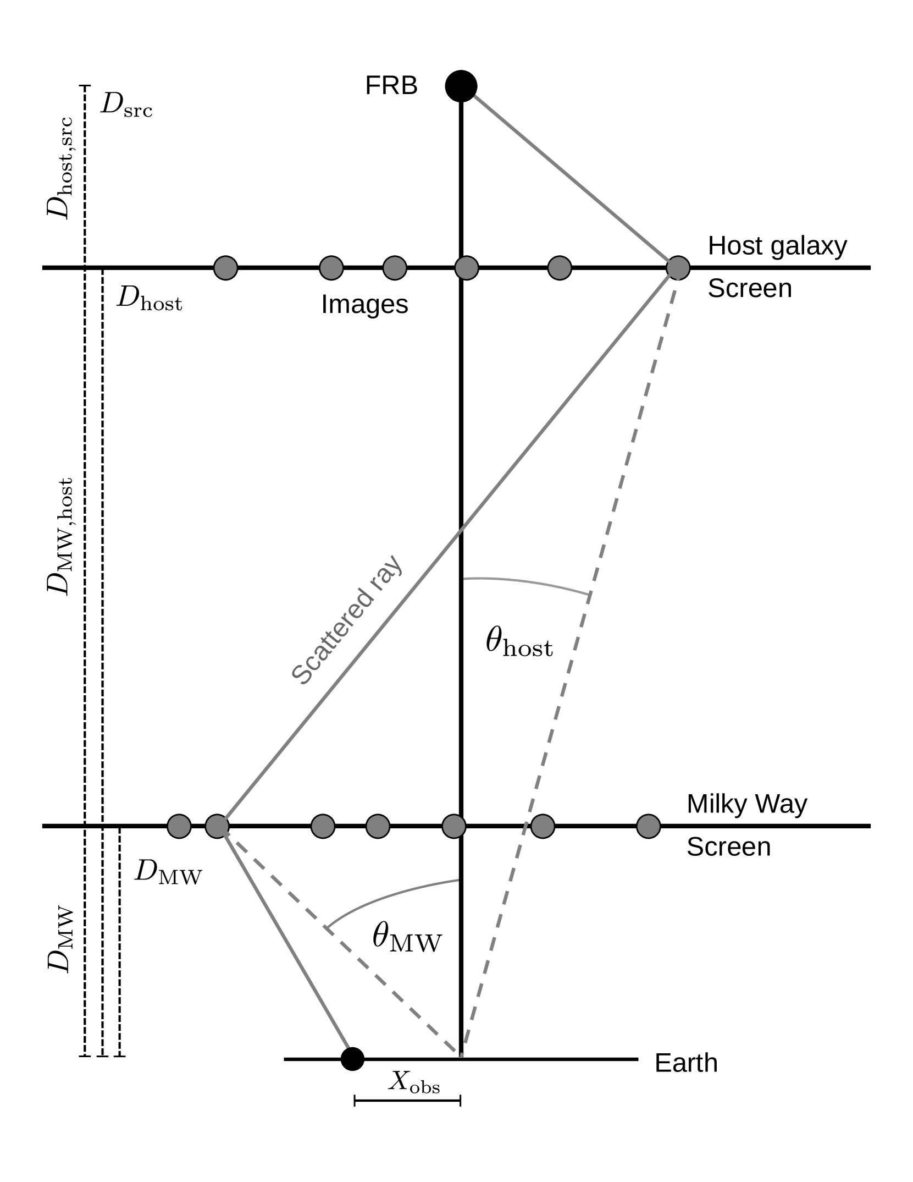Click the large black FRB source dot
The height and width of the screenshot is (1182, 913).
461,86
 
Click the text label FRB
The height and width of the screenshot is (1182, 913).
391,86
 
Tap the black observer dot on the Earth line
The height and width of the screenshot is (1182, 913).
352,1059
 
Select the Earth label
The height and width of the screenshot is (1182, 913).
686,1063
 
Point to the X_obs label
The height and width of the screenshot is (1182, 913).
414,1081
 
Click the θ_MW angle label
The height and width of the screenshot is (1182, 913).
407,937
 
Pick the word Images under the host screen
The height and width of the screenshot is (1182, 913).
364,304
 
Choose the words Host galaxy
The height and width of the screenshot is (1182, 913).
777,246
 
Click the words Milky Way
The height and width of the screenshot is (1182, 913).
746,804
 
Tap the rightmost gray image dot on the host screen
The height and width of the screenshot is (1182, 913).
678,268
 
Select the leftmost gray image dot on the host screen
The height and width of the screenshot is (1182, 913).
225,268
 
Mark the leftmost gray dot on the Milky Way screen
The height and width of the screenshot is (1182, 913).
179,826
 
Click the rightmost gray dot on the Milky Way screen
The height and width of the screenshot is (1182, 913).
648,826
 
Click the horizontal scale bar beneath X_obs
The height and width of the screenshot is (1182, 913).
407,1101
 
